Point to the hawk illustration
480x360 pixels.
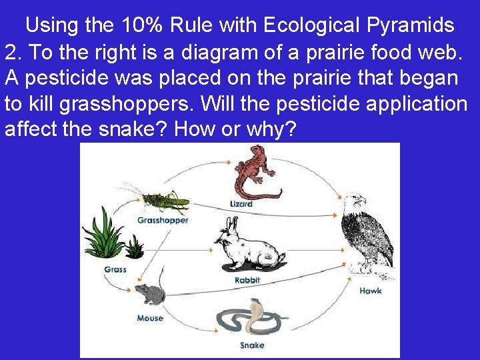365,233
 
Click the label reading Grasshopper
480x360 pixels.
163,220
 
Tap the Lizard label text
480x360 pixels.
241,203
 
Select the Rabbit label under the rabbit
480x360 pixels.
247,281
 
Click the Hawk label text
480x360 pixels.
371,291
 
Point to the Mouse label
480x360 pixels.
150,318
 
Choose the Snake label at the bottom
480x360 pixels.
252,345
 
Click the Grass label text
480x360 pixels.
115,270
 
